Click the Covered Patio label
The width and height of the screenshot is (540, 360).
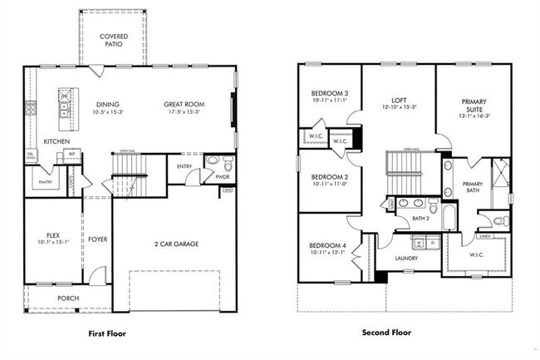tap(113, 40)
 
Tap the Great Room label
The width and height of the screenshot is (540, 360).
tap(185, 104)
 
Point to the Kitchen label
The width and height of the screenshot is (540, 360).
tap(56, 142)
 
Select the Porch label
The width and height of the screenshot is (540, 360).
tap(68, 298)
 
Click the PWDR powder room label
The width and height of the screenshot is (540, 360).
tap(223, 176)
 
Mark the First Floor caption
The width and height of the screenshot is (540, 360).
tap(113, 333)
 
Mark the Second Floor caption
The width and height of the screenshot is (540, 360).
tap(385, 333)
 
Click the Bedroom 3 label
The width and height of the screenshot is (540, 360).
tap(329, 92)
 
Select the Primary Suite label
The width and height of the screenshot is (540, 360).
tap(474, 105)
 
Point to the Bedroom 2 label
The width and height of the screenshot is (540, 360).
tap(329, 176)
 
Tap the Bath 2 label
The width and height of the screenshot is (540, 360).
tap(421, 219)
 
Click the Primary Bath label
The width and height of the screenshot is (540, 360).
tap(472, 188)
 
